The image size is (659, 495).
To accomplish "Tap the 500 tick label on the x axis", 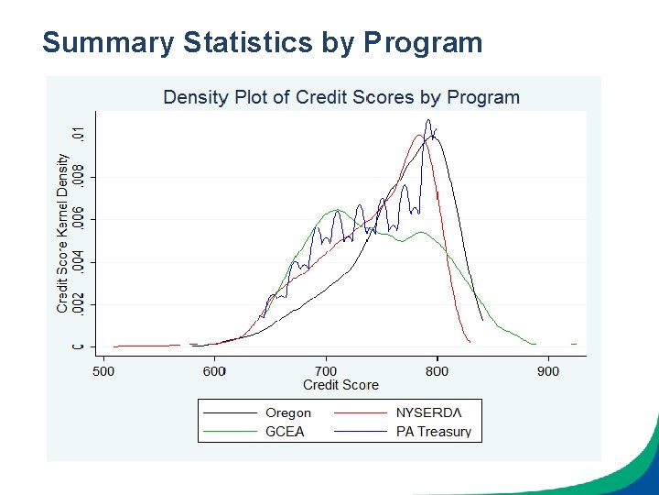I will pyautogui.click(x=103, y=370).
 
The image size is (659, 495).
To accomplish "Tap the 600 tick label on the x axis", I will pyautogui.click(x=214, y=370).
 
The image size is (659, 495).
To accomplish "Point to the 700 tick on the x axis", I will pyautogui.click(x=326, y=370).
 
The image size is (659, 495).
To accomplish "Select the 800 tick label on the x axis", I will pyautogui.click(x=437, y=370).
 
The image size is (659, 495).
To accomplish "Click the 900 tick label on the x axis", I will pyautogui.click(x=547, y=370).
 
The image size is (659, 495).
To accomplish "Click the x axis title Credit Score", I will pyautogui.click(x=340, y=384).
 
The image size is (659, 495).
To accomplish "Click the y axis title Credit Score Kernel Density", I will pyautogui.click(x=63, y=233).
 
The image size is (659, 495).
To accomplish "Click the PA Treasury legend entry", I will pyautogui.click(x=433, y=431).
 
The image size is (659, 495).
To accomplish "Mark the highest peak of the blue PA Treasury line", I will pyautogui.click(x=427, y=120).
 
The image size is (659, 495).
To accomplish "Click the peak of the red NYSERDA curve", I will pyautogui.click(x=420, y=136).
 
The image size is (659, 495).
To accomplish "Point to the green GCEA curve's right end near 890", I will pyautogui.click(x=534, y=344).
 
